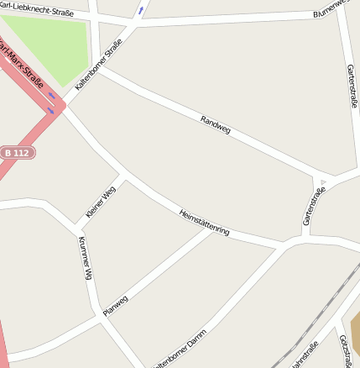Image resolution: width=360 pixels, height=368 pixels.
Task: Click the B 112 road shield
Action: pyautogui.click(x=17, y=154)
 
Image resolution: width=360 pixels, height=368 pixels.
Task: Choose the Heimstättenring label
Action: pyautogui.click(x=205, y=223)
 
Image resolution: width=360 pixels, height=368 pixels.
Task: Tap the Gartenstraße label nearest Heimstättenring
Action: pyautogui.click(x=313, y=207)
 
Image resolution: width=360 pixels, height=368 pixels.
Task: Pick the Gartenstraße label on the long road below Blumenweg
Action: pyautogui.click(x=351, y=86)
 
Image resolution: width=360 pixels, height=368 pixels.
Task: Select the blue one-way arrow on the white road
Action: pyautogui.click(x=140, y=11)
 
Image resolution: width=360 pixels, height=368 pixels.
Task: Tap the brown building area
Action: pyautogui.click(x=354, y=332)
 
